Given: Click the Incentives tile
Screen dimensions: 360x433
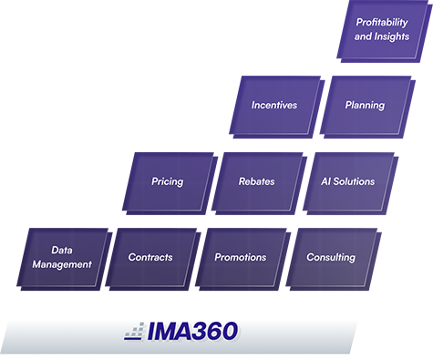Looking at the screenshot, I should [x=274, y=105].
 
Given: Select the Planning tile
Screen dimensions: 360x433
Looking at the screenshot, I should [x=365, y=105].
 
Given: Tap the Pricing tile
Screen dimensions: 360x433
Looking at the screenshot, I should [x=168, y=181].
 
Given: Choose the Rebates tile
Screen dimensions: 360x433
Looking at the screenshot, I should [x=256, y=181].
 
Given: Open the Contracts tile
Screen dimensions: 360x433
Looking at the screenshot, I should [x=150, y=257].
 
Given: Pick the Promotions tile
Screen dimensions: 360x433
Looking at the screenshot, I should [x=240, y=257].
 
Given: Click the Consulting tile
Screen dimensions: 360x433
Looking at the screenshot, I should [x=331, y=257].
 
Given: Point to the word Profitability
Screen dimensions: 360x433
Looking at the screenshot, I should [x=382, y=22].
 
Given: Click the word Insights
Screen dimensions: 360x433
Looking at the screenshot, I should [x=392, y=36].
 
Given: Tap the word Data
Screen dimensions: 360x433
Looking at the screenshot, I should [x=62, y=250].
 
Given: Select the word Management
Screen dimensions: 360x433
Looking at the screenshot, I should [x=62, y=264].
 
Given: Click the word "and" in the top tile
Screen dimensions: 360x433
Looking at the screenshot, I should [x=364, y=36].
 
